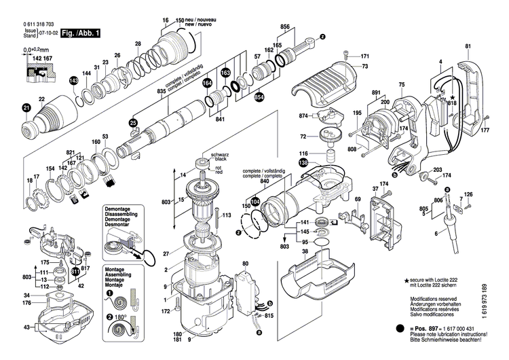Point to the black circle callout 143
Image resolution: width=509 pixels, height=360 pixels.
(74, 80)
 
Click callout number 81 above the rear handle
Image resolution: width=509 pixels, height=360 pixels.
(468, 46)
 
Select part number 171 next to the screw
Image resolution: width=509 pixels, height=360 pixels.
(365, 56)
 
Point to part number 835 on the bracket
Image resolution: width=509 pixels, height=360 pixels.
(162, 91)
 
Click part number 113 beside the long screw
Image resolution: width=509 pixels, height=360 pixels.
(227, 215)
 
